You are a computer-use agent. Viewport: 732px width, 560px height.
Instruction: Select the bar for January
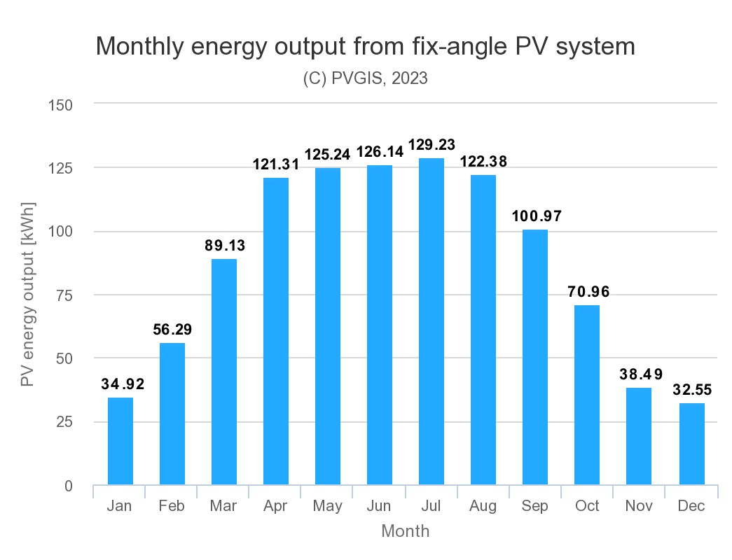(120, 441)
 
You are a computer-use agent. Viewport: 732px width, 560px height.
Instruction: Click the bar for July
(431, 321)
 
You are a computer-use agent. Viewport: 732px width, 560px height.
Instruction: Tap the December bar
(691, 444)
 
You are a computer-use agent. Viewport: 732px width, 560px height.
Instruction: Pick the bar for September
(535, 357)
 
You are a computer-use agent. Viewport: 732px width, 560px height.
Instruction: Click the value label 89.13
(225, 246)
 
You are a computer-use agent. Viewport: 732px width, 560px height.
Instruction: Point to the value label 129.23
(431, 145)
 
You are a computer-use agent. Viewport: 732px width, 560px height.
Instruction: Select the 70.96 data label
(588, 291)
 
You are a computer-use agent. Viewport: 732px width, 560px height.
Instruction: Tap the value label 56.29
(173, 329)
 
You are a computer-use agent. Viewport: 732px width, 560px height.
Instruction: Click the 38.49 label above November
(640, 374)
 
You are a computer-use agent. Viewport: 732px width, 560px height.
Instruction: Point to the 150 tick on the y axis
(60, 105)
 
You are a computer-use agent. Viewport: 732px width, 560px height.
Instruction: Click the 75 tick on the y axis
(64, 295)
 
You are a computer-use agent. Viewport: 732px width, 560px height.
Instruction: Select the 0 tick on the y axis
(69, 486)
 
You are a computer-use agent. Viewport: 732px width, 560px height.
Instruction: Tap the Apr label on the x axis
(276, 506)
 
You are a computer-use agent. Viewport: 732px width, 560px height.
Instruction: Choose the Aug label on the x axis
(483, 506)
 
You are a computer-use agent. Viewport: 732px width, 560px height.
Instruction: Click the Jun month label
(380, 506)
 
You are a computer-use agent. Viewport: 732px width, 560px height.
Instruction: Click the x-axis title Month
(405, 531)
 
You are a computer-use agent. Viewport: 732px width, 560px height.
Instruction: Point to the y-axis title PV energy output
(27, 294)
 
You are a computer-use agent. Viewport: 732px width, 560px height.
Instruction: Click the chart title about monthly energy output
(365, 46)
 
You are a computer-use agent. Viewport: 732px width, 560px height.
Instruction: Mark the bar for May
(328, 326)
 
